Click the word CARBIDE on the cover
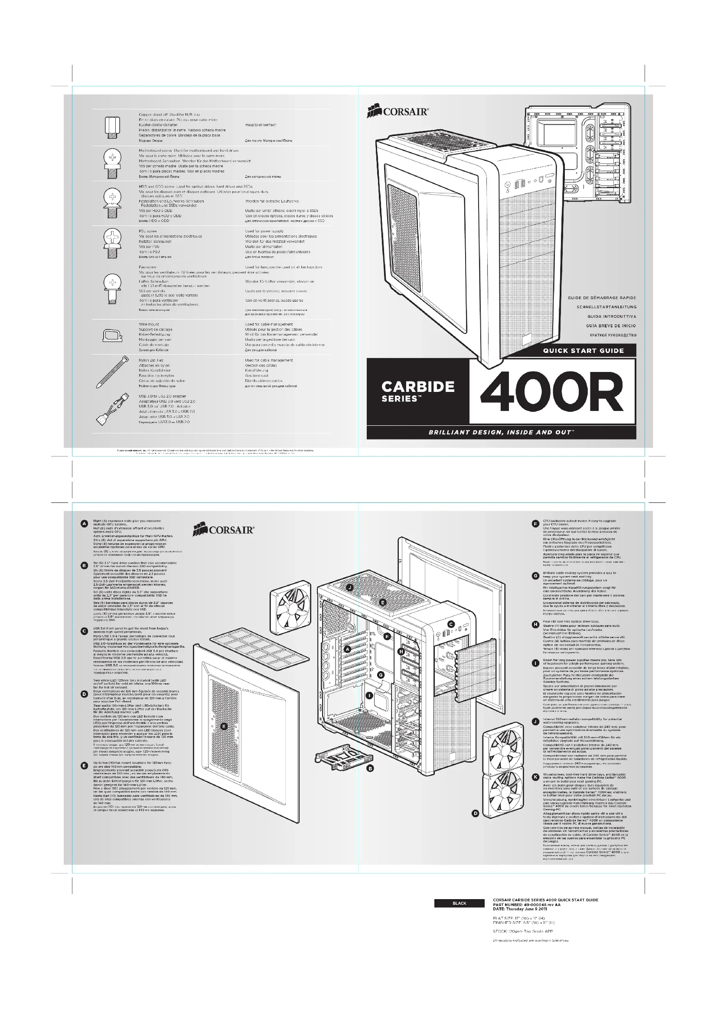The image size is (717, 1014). [417, 386]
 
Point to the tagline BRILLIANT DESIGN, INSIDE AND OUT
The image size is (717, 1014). [501, 432]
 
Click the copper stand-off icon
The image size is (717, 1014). [113, 127]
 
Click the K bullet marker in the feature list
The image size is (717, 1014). [535, 777]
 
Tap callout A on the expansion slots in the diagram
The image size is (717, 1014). [348, 649]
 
